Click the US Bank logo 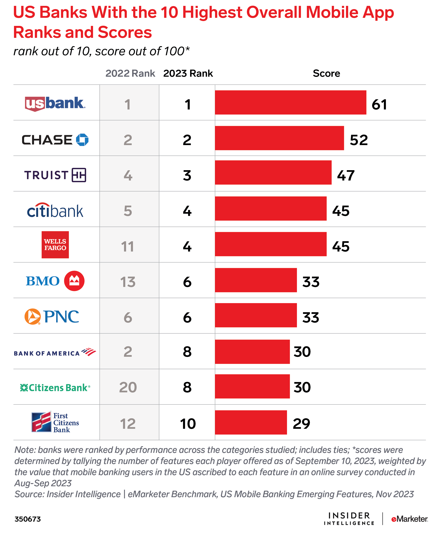[55, 104]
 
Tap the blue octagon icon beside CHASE [82, 140]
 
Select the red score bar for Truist [273, 173]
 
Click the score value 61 [379, 105]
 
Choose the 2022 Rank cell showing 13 [128, 282]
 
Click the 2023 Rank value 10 [188, 424]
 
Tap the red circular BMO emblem [74, 281]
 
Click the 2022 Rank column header [130, 73]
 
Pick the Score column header [326, 73]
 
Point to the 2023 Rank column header [188, 73]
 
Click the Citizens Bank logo [55, 388]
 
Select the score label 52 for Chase [359, 140]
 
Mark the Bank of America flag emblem [89, 352]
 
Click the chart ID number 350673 [28, 519]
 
